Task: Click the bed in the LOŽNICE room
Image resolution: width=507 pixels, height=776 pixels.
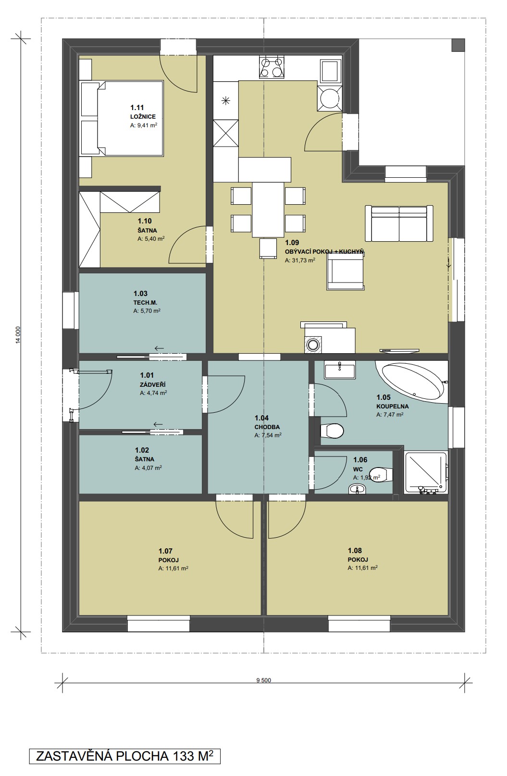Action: tap(121, 118)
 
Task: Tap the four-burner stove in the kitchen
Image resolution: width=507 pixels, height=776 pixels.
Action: tap(272, 67)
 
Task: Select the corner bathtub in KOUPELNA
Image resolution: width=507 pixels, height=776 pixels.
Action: tap(413, 382)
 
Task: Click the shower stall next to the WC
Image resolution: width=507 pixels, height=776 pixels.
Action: tap(426, 472)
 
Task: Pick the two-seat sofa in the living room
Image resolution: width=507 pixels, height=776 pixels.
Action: tap(398, 223)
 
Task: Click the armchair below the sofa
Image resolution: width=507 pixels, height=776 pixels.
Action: tap(345, 270)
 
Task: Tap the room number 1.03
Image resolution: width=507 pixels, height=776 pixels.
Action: tap(140, 294)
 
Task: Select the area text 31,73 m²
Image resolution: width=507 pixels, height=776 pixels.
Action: tap(300, 260)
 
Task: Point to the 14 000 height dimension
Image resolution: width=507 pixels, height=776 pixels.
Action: tap(18, 334)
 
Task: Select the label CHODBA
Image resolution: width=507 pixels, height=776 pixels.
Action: tap(267, 427)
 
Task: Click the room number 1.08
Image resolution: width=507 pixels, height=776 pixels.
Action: tap(355, 551)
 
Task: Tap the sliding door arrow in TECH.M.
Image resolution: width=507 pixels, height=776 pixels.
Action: tap(159, 348)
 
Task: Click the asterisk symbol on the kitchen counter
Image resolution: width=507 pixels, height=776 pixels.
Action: tap(225, 101)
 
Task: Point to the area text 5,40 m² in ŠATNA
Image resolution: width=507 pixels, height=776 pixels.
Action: tap(151, 238)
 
